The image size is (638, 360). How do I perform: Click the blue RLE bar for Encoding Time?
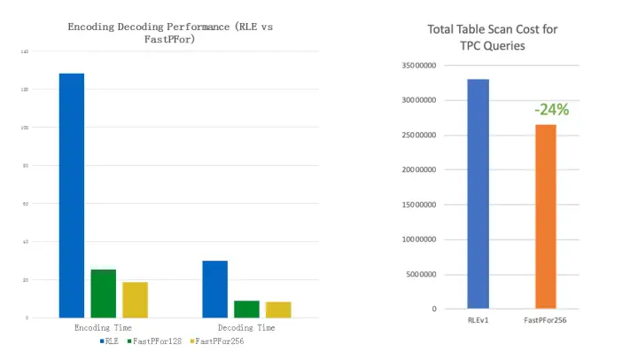[x=71, y=195]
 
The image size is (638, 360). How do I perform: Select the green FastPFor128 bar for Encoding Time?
[x=103, y=293]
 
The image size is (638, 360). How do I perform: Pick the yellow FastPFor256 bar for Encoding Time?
[x=135, y=300]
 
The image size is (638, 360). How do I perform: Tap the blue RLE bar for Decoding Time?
[x=214, y=289]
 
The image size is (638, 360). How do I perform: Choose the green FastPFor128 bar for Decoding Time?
[x=246, y=309]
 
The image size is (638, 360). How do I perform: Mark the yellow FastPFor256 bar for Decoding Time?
[x=278, y=309]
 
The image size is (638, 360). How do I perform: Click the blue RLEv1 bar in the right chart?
[x=478, y=194]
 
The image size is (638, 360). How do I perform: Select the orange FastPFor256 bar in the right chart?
[x=545, y=216]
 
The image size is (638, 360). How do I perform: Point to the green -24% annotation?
[x=551, y=110]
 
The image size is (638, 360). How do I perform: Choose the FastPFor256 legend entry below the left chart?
[x=218, y=340]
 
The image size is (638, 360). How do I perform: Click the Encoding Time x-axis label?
[x=103, y=327]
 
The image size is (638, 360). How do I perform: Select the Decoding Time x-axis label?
[x=246, y=327]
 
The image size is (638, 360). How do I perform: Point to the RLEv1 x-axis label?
[x=478, y=319]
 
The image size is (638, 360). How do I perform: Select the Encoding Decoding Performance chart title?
[x=170, y=33]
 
